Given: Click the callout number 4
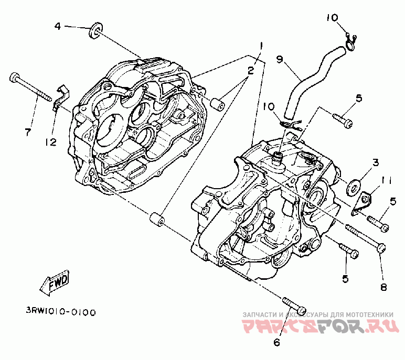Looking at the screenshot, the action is (58, 26).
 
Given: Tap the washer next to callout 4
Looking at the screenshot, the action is (95, 30).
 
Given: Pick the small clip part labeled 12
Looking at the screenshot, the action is (61, 97).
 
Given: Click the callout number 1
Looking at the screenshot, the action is (261, 46).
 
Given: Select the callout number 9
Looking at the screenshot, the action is (280, 60).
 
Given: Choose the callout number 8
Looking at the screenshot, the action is (383, 287).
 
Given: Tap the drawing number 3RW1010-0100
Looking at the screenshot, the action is (61, 312).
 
